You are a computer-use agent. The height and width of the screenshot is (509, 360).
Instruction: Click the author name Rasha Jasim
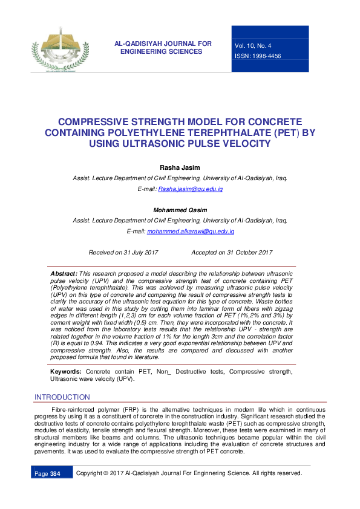[x=180, y=167]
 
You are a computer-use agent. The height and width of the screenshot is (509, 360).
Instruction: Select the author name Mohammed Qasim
[x=180, y=210]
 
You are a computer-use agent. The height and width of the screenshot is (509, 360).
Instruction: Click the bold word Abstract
[x=63, y=274]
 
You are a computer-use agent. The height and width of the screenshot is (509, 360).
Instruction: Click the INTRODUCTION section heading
[x=62, y=397]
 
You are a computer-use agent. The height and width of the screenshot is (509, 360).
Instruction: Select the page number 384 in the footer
[x=56, y=473]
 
